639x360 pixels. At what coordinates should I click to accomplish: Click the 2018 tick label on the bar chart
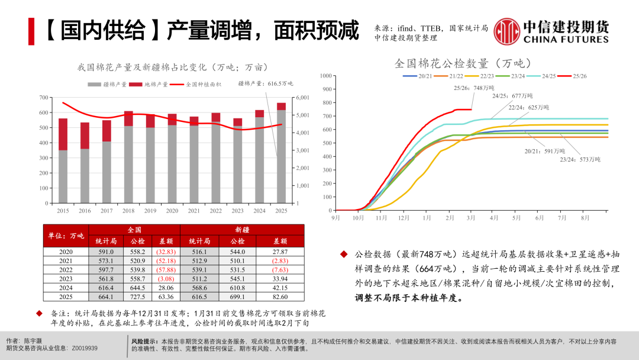click(128, 211)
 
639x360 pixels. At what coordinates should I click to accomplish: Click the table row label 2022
click(65, 269)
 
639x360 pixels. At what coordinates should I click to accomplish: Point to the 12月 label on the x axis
click(403, 218)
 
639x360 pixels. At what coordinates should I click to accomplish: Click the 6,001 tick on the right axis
click(302, 98)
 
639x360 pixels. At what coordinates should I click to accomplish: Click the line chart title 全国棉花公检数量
click(463, 63)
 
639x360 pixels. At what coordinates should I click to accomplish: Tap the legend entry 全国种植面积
click(203, 84)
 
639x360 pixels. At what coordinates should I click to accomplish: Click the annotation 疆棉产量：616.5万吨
click(265, 84)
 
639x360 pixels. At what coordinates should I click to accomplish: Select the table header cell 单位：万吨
click(66, 236)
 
